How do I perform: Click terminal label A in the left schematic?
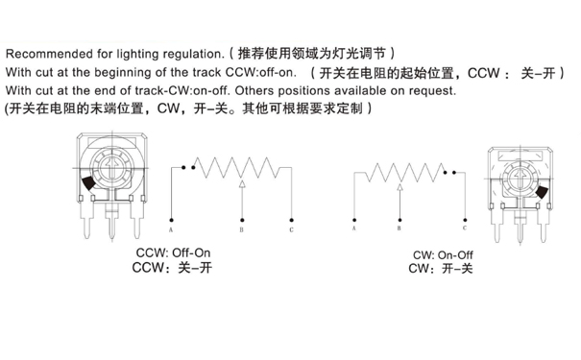pos(171,231)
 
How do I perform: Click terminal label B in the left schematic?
pos(241,231)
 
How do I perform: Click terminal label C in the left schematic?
pos(292,231)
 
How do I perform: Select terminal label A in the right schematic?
pos(354,228)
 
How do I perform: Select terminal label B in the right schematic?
pos(399,228)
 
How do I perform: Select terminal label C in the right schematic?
pos(465,228)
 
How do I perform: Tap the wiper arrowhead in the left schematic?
pos(241,182)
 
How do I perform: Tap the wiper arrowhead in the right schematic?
pos(399,183)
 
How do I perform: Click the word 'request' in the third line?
pos(434,90)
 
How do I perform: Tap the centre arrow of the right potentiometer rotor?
pos(520,178)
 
